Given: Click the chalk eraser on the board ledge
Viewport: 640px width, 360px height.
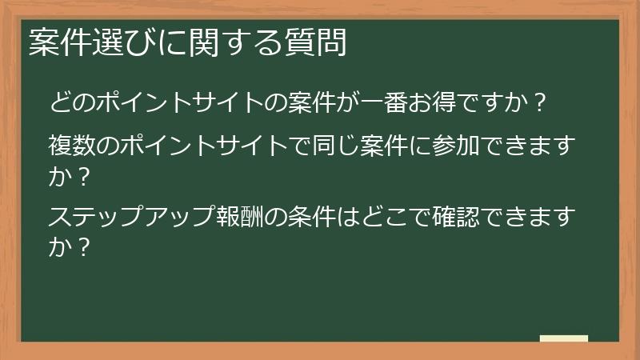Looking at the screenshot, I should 564,339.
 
